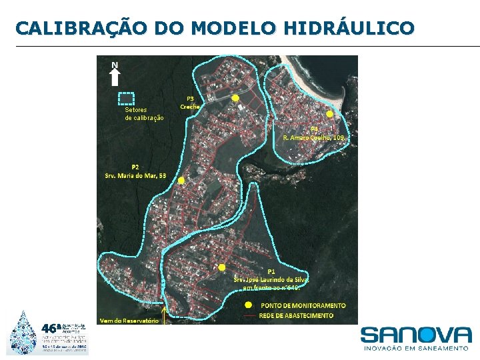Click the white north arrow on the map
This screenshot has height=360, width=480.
point(115,74)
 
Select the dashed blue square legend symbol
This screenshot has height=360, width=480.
point(126,99)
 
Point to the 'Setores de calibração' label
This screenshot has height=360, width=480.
point(144,113)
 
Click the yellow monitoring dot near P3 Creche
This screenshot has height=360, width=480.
point(235,98)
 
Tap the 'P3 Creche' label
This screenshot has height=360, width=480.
point(190,103)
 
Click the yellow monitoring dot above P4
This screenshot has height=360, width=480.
point(329,114)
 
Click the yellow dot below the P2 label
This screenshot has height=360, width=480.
point(181,180)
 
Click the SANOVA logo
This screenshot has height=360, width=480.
point(415,335)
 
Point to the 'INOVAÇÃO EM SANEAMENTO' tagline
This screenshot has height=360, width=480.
point(415,348)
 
